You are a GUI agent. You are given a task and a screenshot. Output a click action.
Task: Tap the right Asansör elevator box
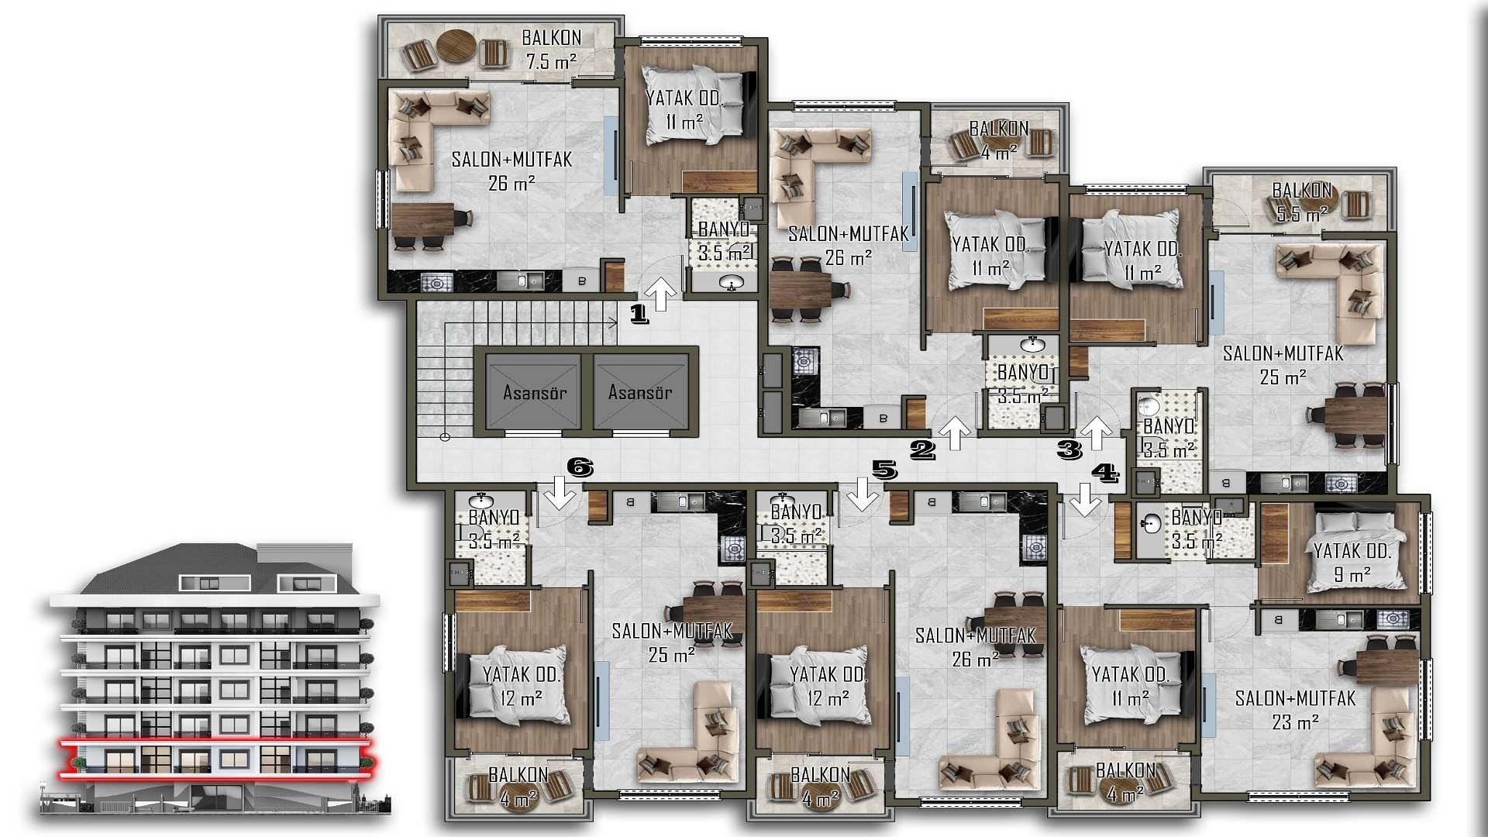coord(640,392)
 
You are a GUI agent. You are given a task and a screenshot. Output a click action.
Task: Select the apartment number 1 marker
coord(639,314)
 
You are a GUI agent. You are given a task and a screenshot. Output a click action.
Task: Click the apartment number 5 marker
coord(884,469)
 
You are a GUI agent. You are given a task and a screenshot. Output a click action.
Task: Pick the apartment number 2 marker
coord(922,449)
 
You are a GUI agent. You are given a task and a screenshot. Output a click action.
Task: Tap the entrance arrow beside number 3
coord(1097,432)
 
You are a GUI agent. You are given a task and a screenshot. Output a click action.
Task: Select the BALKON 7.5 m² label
coord(551,49)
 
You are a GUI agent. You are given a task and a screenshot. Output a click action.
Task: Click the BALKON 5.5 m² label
coord(1302,201)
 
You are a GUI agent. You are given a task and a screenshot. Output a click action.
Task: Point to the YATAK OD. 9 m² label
coord(1352,563)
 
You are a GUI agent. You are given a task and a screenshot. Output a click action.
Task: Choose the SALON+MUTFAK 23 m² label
coord(1295,710)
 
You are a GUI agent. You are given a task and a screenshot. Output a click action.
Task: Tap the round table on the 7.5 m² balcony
coord(455,46)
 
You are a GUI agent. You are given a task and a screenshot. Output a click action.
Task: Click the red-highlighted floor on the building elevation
coord(217,758)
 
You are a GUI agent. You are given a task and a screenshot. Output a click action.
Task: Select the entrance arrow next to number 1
coord(661,294)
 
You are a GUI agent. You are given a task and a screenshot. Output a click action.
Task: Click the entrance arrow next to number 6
coord(560,494)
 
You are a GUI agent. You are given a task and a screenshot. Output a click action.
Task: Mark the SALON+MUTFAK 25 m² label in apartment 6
coord(672,642)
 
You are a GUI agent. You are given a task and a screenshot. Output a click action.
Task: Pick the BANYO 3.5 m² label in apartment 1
coord(724,241)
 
